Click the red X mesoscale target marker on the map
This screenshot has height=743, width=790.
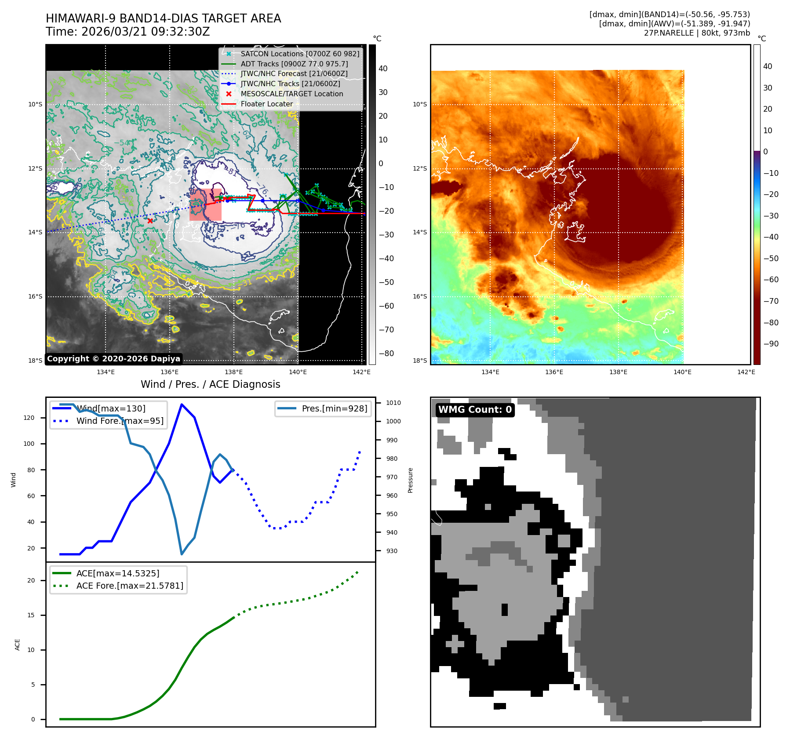click(150, 221)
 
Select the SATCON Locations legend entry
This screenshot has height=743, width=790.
click(299, 54)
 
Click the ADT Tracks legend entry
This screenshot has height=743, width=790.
click(294, 64)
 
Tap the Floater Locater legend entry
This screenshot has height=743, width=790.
click(266, 104)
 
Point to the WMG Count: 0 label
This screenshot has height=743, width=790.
click(475, 410)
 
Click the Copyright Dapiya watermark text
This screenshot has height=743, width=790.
click(113, 359)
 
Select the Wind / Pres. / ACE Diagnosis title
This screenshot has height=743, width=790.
click(210, 384)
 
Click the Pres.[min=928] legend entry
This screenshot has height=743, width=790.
click(334, 408)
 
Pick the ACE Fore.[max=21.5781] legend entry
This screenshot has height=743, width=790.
click(130, 586)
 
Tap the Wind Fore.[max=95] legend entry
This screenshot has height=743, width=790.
click(120, 421)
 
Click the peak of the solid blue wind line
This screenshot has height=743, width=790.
click(182, 404)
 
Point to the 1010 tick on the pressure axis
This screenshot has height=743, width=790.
click(393, 403)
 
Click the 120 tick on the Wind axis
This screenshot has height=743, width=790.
click(29, 418)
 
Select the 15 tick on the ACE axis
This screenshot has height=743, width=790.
click(31, 615)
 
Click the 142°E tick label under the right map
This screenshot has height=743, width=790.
click(746, 372)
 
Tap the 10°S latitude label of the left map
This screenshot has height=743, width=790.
click(35, 105)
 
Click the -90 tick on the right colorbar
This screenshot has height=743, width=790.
click(771, 344)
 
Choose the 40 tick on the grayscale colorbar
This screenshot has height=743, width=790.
click(383, 69)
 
